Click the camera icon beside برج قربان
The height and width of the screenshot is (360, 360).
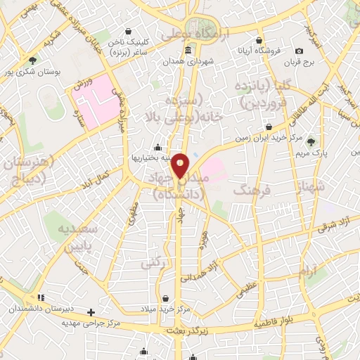coord(300,51)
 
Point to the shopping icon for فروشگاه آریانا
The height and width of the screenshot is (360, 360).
coord(259,40)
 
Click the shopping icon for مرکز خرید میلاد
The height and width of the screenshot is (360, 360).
coord(165,298)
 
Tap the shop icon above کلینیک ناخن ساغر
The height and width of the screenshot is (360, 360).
coord(128,31)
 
